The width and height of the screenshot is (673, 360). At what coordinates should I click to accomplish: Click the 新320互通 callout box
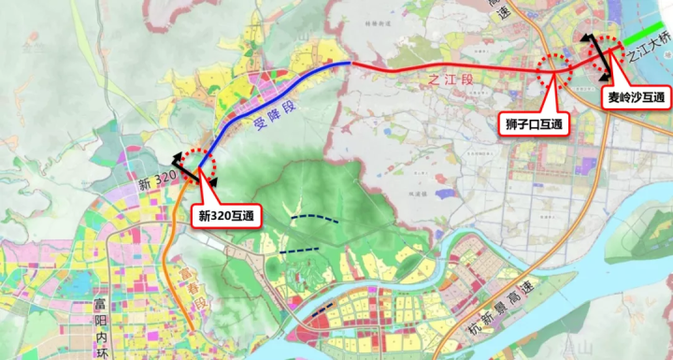[228, 215]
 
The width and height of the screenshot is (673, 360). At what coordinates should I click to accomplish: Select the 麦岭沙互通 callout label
[635, 96]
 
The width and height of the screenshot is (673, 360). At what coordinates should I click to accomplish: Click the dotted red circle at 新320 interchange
[199, 166]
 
